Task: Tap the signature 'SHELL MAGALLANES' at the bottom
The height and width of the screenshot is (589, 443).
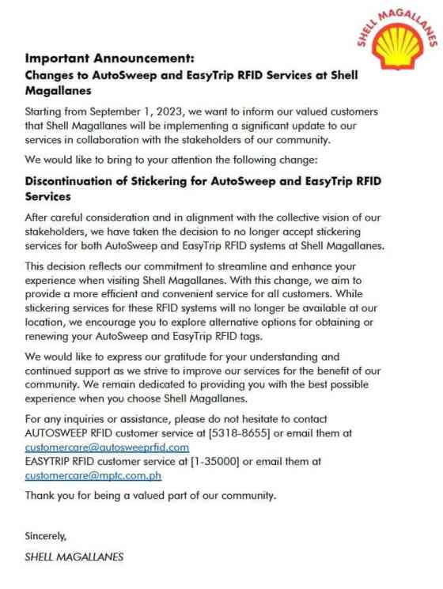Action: (x=74, y=557)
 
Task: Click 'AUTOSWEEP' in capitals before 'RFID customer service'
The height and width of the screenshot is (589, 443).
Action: (x=59, y=433)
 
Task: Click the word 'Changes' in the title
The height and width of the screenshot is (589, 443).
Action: (x=49, y=75)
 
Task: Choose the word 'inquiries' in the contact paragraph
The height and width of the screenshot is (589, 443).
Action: (x=93, y=419)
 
